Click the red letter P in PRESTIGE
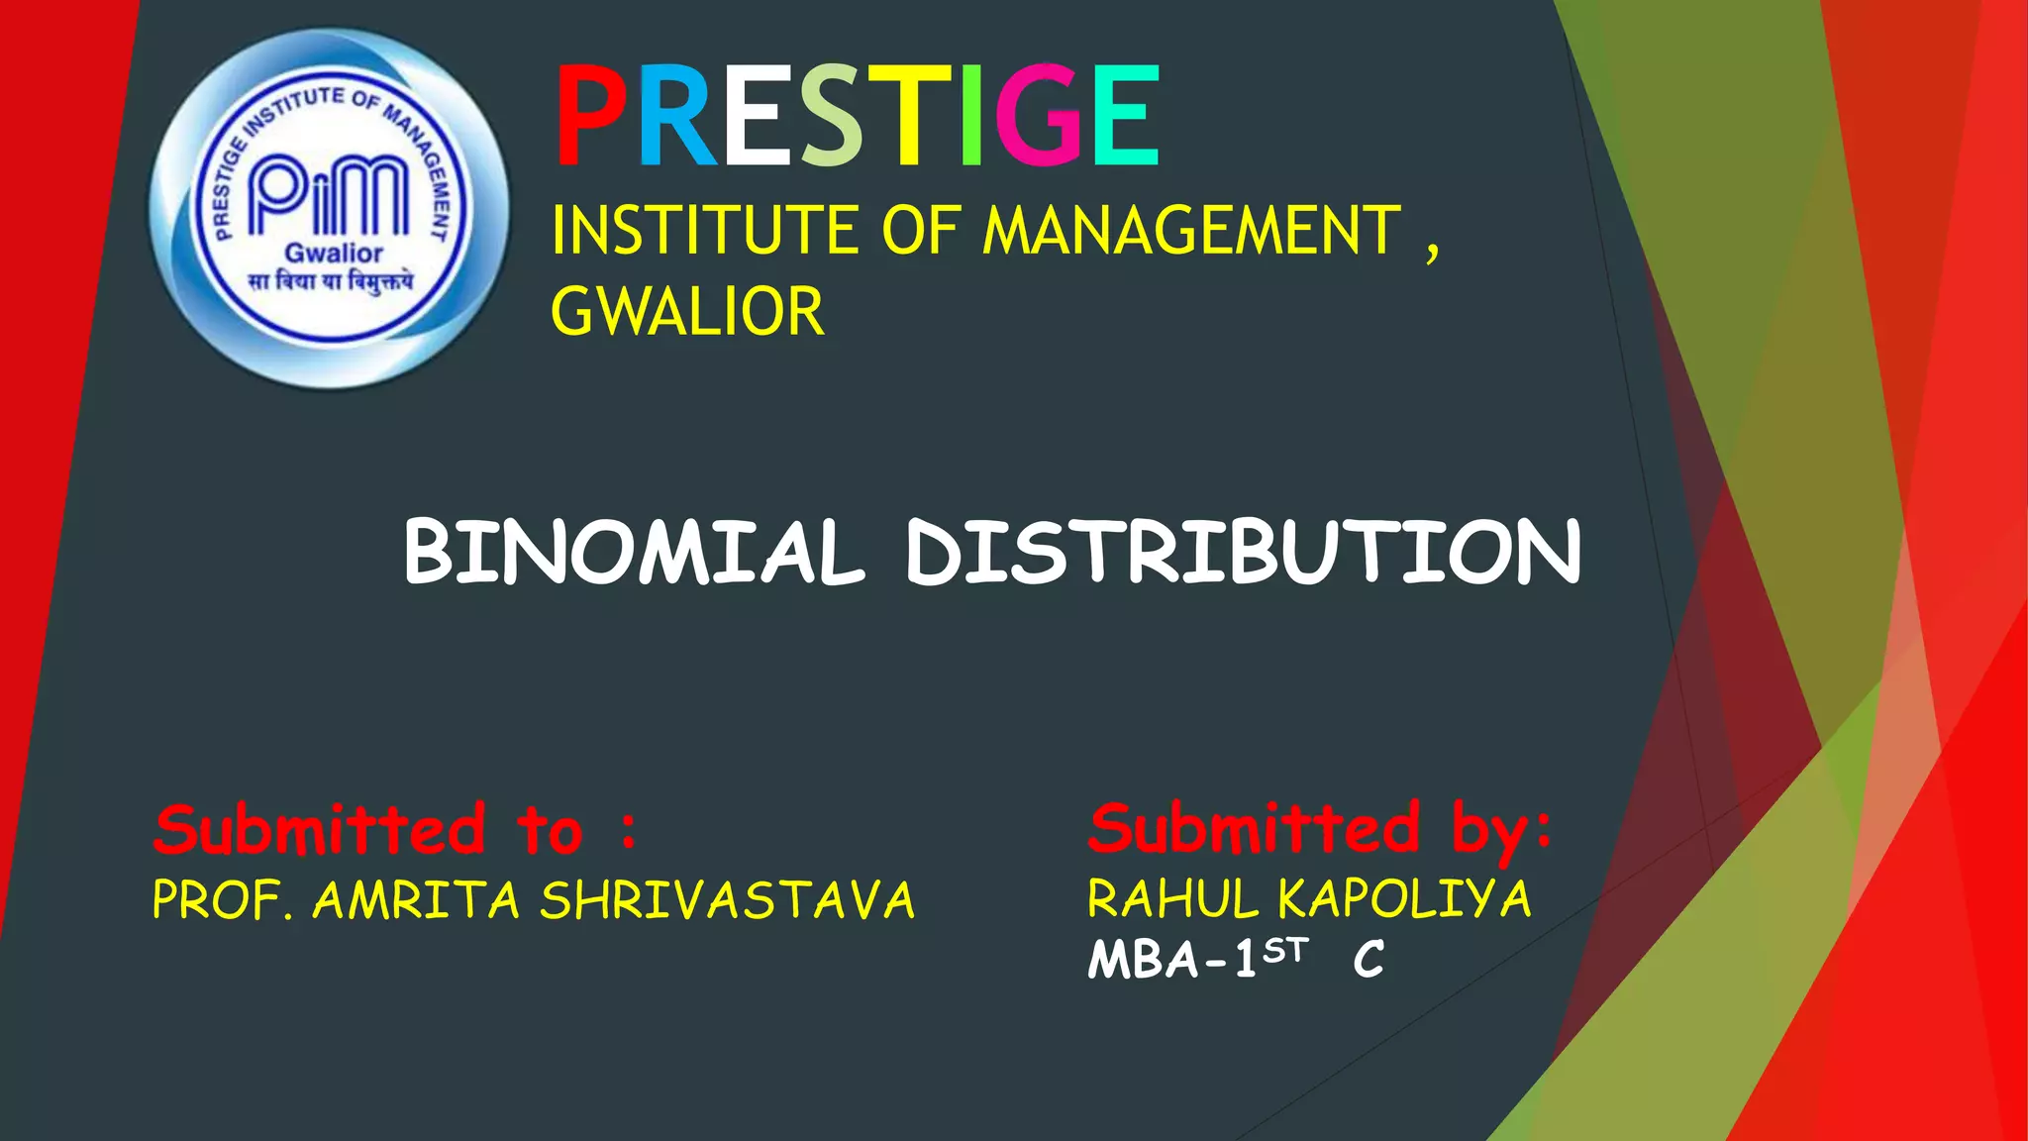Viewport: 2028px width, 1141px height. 592,116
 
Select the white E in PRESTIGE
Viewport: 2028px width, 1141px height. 759,116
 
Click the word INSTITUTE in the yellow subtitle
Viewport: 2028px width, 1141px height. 706,231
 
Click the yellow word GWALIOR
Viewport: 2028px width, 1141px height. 687,312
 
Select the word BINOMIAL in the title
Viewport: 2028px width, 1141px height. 634,552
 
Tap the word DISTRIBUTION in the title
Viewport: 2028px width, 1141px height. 1244,552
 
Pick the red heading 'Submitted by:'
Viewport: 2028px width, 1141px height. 1320,829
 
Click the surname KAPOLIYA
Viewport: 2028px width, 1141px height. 1404,899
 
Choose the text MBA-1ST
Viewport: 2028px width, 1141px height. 1197,959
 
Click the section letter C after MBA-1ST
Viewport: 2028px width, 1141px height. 1369,960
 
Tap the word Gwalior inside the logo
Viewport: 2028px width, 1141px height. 334,254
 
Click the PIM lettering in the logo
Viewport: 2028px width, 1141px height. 328,195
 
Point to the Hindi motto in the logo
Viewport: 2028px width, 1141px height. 331,283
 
